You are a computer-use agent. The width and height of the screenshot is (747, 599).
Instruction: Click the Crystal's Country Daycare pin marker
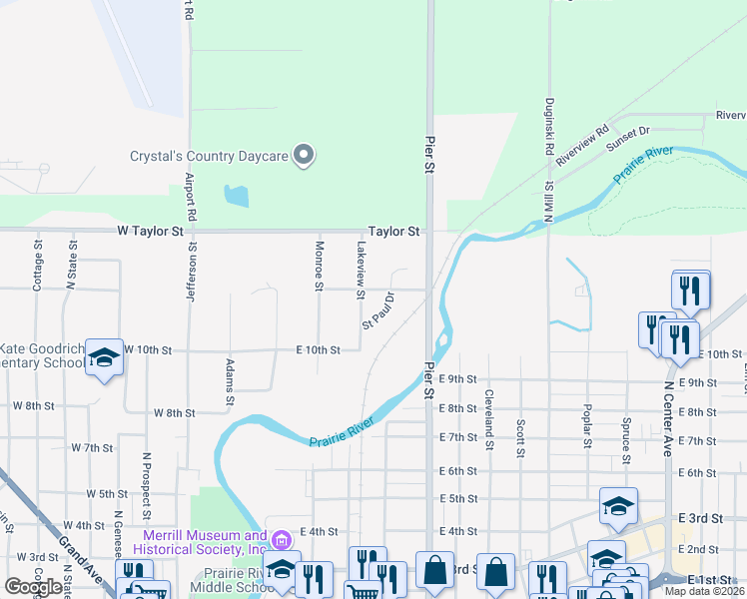[x=307, y=155]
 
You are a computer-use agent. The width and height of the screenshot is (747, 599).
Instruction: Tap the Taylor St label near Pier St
[x=393, y=231]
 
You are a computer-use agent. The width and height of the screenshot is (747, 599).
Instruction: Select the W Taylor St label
[x=151, y=231]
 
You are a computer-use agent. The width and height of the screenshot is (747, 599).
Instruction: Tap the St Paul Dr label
[x=378, y=310]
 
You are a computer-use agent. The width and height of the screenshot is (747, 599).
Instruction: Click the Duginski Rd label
[x=549, y=126]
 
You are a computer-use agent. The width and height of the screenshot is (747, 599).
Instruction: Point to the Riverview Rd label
[x=582, y=146]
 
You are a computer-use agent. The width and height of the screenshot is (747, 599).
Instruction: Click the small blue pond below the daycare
[x=237, y=196]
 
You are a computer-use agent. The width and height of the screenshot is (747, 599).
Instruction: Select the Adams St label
[x=230, y=382]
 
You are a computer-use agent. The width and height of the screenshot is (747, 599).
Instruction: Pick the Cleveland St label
[x=489, y=419]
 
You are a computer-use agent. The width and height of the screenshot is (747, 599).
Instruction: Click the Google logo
[x=32, y=587]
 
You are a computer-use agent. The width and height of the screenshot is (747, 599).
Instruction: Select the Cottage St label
[x=38, y=266]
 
